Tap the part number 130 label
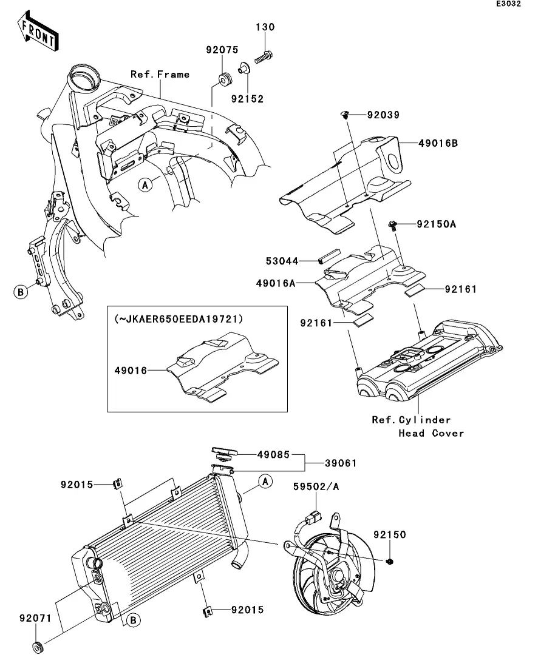265,27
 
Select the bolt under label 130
263,57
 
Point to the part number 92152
247,98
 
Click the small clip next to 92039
346,115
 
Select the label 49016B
438,143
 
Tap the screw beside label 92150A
393,225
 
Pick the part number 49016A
276,283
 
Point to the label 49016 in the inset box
131,371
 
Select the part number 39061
341,463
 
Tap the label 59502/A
316,486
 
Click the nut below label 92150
389,561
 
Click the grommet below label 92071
38,647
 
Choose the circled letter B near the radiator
133,620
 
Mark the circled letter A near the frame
145,185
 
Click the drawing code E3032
508,4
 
